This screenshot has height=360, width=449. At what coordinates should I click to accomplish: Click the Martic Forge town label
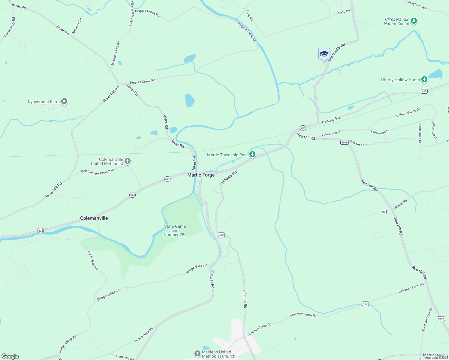(x=201, y=175)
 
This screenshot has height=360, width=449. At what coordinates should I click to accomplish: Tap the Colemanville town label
(x=94, y=218)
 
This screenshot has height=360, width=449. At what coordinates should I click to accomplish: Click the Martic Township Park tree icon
(x=252, y=154)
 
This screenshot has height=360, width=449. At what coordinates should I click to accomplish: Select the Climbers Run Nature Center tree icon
(x=414, y=21)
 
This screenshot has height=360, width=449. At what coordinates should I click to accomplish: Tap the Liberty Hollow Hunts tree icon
(x=424, y=79)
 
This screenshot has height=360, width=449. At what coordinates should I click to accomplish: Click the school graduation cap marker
(x=324, y=54)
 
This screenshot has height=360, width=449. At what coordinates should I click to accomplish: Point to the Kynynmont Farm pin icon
(x=64, y=102)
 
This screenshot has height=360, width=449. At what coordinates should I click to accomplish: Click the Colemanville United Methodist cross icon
(x=128, y=161)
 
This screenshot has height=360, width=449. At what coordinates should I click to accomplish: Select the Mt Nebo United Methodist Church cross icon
(x=197, y=354)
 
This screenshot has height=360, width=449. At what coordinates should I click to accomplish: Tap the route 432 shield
(x=221, y=235)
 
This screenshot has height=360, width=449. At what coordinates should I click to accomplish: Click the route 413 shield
(x=424, y=91)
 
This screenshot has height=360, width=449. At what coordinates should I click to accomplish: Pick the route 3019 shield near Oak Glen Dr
(x=344, y=142)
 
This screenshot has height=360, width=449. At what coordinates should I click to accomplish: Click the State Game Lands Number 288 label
(x=175, y=230)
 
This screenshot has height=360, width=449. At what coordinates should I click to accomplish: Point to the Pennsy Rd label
(x=331, y=120)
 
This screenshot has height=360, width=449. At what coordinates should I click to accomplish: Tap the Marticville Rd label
(x=337, y=52)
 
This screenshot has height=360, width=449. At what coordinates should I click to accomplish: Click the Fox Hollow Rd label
(x=92, y=260)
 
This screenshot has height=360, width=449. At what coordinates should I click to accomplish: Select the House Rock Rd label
(x=144, y=334)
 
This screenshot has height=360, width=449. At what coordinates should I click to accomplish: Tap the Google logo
(x=10, y=356)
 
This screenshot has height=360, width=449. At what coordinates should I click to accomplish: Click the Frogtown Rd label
(x=417, y=5)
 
